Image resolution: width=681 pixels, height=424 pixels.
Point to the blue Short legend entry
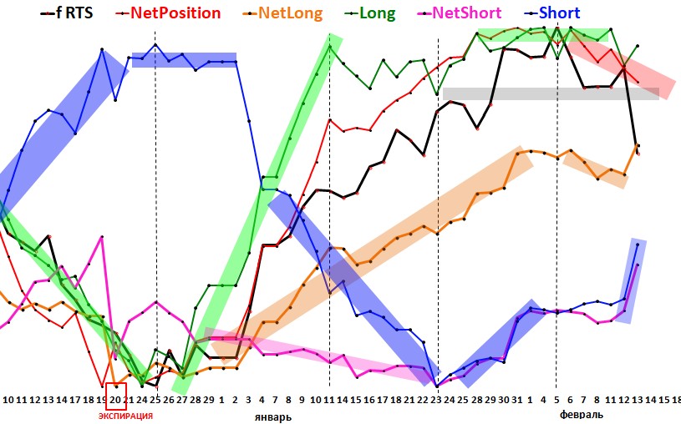tap(556, 13)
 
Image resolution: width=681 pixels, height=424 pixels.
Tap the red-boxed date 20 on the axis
tap(115, 399)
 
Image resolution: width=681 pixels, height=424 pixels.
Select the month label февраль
tap(579, 414)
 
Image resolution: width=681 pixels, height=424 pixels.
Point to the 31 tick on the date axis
tap(517, 400)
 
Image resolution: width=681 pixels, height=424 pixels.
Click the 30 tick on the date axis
tap(504, 400)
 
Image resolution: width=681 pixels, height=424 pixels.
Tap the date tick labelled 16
tap(369, 400)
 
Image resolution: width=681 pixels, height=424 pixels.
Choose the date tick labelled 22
tap(424, 400)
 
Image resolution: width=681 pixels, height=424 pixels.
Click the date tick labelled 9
tap(302, 400)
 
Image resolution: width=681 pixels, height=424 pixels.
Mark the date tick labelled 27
tap(181, 400)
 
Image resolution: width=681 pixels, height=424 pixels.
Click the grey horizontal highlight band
tap(551, 93)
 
